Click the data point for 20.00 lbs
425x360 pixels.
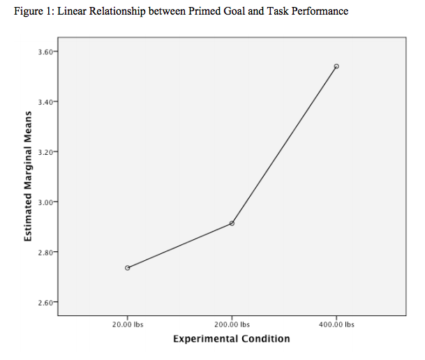(x=127, y=268)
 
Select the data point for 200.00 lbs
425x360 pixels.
(x=232, y=223)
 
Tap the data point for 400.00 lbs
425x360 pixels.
(x=336, y=66)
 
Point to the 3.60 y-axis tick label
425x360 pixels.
(x=44, y=52)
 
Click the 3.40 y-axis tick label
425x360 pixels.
(x=44, y=102)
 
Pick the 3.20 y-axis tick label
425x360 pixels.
(x=44, y=151)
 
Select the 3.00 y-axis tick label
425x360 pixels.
(x=44, y=202)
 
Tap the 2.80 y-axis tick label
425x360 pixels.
(x=44, y=252)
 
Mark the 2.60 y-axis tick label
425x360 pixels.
(x=44, y=302)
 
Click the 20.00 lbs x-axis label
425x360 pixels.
(x=127, y=324)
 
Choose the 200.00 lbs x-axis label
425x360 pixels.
(x=232, y=324)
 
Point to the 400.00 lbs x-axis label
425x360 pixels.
(x=336, y=324)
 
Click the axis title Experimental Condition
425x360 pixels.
(x=231, y=339)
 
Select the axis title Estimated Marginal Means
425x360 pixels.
(x=29, y=177)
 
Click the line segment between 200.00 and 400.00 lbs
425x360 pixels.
(x=284, y=145)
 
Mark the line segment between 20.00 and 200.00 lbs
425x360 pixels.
(x=179, y=246)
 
